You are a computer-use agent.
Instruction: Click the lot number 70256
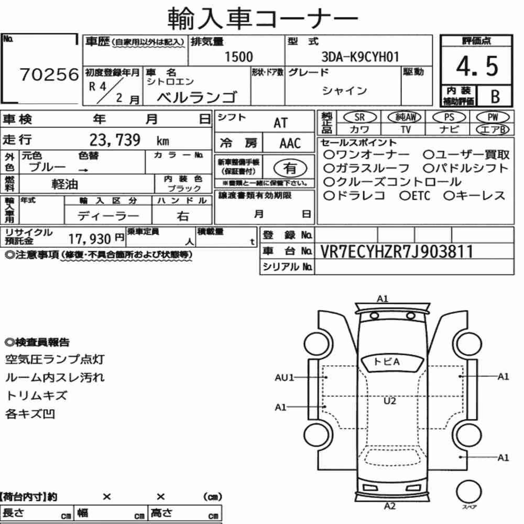49,74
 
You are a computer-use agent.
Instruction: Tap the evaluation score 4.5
477,66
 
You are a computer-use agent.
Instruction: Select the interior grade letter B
495,96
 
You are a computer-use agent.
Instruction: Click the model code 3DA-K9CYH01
361,57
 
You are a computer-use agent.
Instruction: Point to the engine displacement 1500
238,57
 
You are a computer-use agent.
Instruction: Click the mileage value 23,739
115,140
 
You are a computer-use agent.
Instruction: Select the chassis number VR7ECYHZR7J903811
396,252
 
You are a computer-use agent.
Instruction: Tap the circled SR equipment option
360,117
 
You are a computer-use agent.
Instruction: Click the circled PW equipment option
493,117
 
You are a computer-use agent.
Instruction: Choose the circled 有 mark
290,168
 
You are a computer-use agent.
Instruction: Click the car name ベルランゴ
197,97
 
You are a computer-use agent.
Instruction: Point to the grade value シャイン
345,91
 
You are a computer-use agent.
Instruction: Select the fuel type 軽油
65,184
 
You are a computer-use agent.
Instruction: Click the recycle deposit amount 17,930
90,239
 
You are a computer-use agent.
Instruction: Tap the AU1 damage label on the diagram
284,378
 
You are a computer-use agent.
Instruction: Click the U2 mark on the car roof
390,401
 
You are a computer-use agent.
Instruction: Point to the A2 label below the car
390,506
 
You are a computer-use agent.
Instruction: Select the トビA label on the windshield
387,362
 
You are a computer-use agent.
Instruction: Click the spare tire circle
468,492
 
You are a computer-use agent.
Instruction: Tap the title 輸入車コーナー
263,18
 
